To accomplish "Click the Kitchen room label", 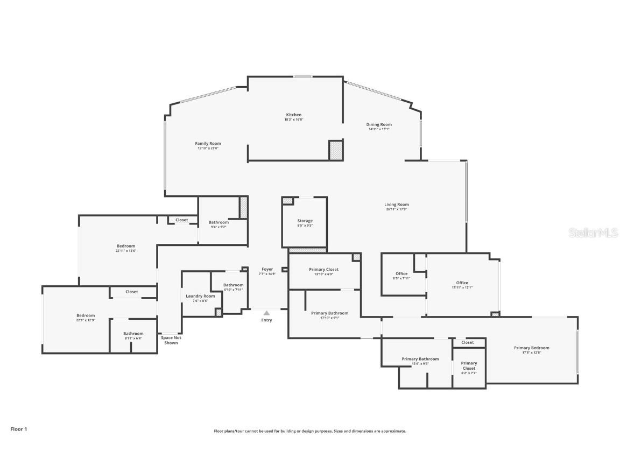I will (x=293, y=115).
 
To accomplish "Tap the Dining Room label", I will (x=379, y=124).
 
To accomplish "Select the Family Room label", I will (x=208, y=144).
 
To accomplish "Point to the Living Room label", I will (x=396, y=205).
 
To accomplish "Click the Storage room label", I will (x=305, y=221).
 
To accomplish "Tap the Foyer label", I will (x=267, y=269).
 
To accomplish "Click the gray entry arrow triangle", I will (x=266, y=313).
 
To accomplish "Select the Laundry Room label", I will (x=200, y=296).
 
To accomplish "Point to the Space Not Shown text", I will (x=171, y=340).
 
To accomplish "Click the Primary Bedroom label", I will (x=531, y=348).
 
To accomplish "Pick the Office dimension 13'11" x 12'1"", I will (x=462, y=287).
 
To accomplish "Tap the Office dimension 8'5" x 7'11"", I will (x=401, y=278).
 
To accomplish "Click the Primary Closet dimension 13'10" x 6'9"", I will (x=323, y=274).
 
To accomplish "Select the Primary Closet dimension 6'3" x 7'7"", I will (x=468, y=373).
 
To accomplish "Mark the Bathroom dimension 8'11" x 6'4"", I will (x=133, y=339).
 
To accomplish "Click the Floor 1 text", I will (x=18, y=429).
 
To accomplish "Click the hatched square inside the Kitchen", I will (x=336, y=150).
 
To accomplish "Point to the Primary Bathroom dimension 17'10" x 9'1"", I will (x=329, y=318).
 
